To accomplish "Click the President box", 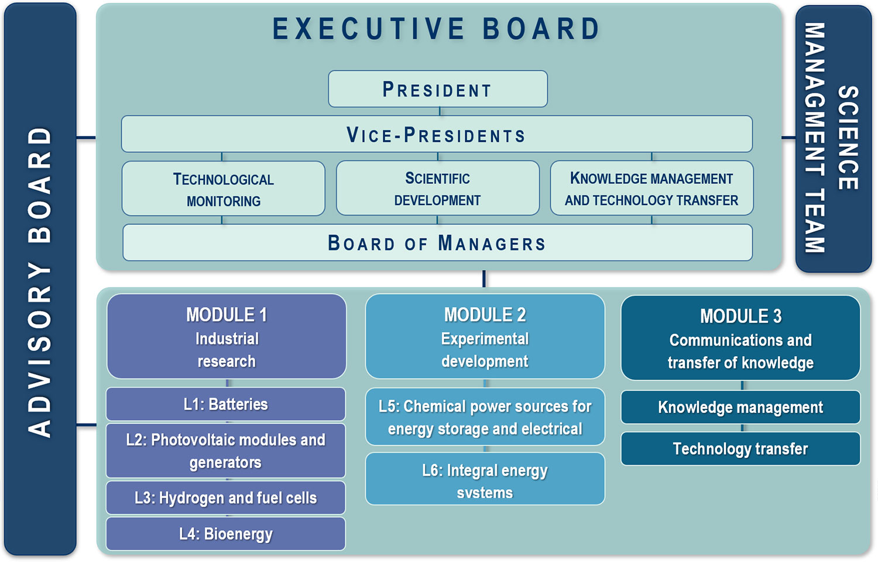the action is pos(438,89).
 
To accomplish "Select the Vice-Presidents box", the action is pos(437,134).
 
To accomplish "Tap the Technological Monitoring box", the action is pos(224,188).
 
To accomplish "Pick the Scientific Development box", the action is pos(438,188).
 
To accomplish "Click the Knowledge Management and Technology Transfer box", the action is pos(652,188).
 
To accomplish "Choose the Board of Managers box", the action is pos(437,243).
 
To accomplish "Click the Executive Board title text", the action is pos(436,29).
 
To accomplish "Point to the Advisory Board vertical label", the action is pos(40,282).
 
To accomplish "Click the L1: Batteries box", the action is pos(226,404).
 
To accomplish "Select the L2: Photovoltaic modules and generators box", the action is pos(226,451).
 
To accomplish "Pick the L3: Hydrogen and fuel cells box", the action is pos(226,498).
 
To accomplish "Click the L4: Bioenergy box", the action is pos(226,534).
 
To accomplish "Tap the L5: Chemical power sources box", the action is pos(485,417).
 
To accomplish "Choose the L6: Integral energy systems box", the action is pos(485,479).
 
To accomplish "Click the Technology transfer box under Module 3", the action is pos(741,449).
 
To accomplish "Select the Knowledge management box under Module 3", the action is pos(741,407).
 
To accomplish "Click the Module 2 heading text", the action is pos(485,315).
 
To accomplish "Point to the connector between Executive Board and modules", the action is pos(484,279).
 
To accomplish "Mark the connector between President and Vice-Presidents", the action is pos(440,111).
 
